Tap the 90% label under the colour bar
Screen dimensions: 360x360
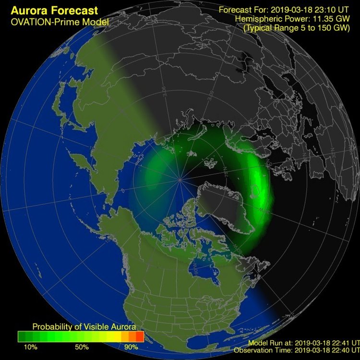click(x=131, y=347)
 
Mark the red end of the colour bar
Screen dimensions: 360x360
click(x=140, y=336)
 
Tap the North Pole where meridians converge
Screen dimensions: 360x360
click(x=180, y=180)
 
